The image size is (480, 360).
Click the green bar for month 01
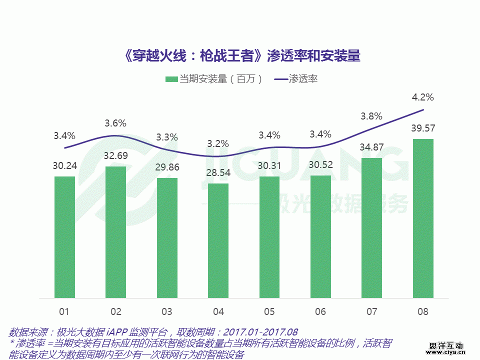(x=64, y=237)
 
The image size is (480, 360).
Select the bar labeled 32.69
(x=115, y=232)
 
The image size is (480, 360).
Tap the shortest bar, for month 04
(x=218, y=240)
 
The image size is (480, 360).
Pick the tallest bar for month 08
(x=423, y=218)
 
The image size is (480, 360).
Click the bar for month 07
(x=371, y=227)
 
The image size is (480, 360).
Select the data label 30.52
(x=320, y=165)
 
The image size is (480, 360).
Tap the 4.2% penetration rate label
(x=423, y=97)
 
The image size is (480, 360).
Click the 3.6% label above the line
(x=115, y=123)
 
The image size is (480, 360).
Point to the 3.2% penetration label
(x=218, y=144)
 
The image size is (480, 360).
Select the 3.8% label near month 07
(x=371, y=116)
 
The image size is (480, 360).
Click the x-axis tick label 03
(x=167, y=312)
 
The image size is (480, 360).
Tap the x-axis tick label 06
(x=320, y=312)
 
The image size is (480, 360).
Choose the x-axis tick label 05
(x=269, y=312)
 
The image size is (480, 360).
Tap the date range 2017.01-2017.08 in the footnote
(x=260, y=332)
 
